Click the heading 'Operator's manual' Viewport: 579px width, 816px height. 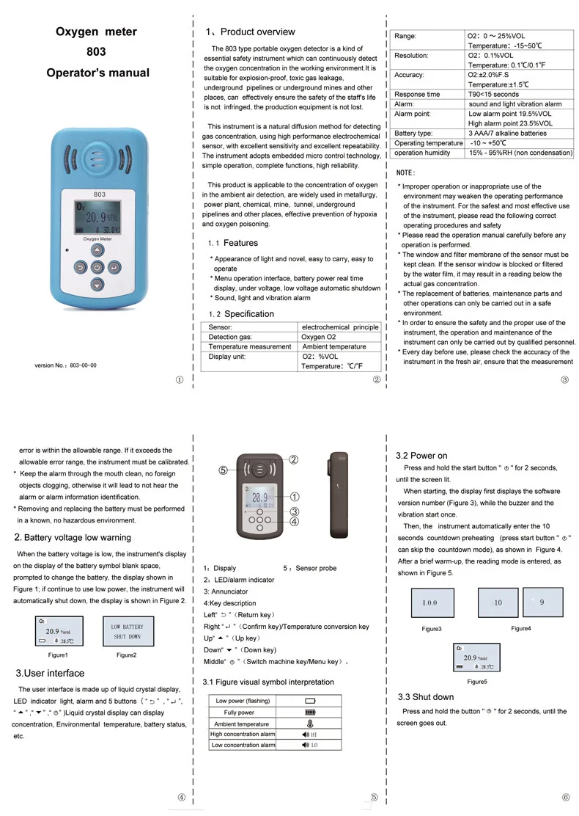click(x=97, y=73)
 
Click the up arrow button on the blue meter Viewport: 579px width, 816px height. click(x=97, y=250)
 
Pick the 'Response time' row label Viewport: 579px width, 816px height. click(x=418, y=94)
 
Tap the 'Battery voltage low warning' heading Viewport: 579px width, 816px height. click(x=73, y=537)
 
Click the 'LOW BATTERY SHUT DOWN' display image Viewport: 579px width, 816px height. click(x=127, y=632)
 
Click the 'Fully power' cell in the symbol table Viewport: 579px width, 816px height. click(x=240, y=712)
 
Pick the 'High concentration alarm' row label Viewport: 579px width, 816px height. click(x=243, y=734)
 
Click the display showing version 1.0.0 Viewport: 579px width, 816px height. click(x=429, y=602)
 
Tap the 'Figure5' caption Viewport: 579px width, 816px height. click(x=477, y=682)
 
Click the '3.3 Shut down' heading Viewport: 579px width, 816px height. click(x=426, y=696)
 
